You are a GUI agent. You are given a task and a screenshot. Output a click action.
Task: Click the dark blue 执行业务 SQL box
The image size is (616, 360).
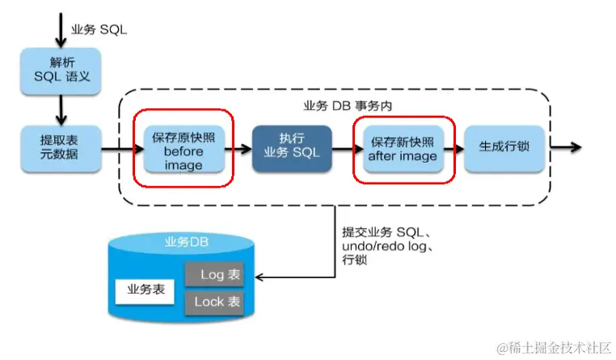pyautogui.click(x=292, y=148)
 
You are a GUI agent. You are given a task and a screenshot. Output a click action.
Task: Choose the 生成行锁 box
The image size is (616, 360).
pyautogui.click(x=504, y=148)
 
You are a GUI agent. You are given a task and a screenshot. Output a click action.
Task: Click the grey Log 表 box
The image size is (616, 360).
pyautogui.click(x=214, y=275)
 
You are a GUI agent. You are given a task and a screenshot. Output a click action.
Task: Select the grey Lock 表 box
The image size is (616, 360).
pyautogui.click(x=214, y=303)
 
